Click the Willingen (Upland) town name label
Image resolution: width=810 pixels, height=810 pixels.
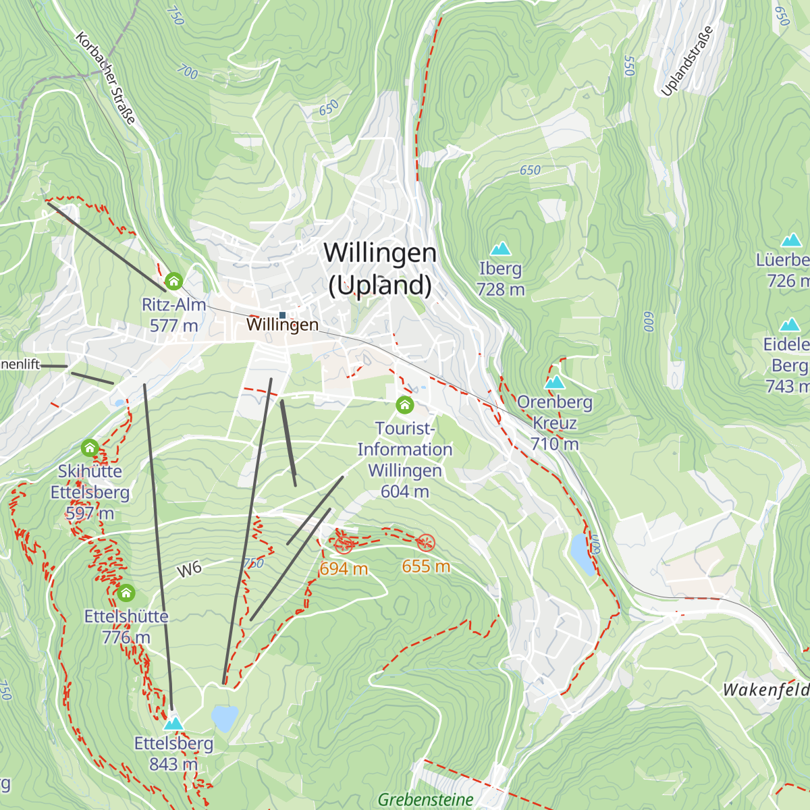pos(380,269)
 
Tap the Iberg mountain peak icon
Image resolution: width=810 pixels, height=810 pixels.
pos(500,248)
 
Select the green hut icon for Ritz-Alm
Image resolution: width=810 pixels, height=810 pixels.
pos(173,281)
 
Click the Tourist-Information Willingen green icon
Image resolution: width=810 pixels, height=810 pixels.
pos(404,404)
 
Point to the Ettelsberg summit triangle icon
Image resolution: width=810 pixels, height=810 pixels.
pos(173,724)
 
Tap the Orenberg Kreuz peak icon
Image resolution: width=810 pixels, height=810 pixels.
pos(554,382)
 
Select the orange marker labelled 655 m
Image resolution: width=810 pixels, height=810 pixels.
pos(425,542)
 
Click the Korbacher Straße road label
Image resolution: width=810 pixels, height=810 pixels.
pos(106,78)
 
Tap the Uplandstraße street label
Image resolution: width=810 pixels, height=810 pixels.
pos(687,61)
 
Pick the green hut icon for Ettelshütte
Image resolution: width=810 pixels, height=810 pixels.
pos(126,593)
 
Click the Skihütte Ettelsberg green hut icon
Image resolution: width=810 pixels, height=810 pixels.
pos(90,448)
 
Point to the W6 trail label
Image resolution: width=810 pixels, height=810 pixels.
pos(190,570)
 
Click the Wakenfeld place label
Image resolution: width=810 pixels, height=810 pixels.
pos(765,690)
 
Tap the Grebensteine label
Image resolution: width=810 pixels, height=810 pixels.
pos(425,800)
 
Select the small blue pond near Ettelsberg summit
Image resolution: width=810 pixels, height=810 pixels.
pos(225,718)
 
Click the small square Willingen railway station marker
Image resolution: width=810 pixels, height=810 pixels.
pos(282,315)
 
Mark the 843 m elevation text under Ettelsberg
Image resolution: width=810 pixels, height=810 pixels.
pos(173,764)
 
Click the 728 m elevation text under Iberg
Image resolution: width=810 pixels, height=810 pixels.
pos(500,290)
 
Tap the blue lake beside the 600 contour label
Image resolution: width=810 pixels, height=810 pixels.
pos(582,553)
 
